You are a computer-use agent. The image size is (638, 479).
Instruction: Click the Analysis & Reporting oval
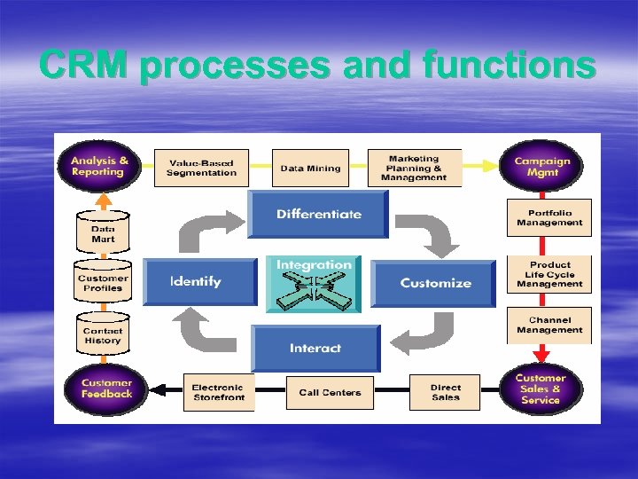98,167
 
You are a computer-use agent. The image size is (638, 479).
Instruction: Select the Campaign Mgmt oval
542,167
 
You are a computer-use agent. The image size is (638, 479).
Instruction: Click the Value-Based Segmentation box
201,168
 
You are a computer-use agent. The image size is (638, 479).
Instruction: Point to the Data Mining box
309,168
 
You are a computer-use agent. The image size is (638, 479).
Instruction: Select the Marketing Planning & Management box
414,168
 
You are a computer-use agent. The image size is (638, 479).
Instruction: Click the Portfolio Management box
549,218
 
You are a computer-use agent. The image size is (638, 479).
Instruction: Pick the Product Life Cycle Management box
549,274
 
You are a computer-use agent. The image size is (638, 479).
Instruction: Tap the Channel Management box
549,326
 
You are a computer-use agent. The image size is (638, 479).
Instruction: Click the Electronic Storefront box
218,392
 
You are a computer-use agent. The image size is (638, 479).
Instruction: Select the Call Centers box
330,392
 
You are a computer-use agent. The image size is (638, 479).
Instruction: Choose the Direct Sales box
445,392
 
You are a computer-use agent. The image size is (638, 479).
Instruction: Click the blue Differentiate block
318,215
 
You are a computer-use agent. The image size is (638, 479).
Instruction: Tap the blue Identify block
198,282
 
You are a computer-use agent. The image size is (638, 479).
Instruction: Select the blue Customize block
434,283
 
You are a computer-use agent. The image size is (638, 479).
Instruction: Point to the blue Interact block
315,348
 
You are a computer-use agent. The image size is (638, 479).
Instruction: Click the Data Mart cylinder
103,232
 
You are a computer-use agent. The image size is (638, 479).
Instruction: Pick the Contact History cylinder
103,334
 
